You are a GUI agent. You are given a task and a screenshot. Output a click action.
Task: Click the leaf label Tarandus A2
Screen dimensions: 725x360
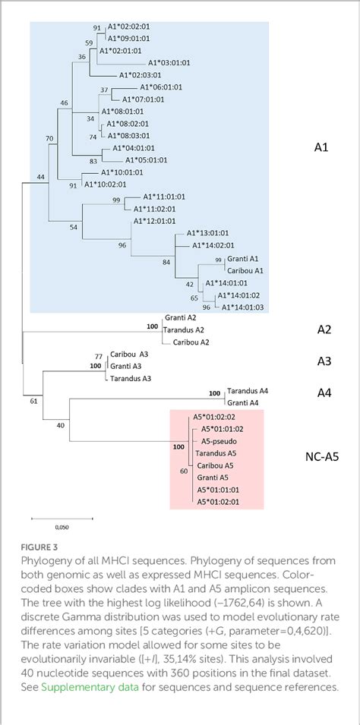coord(185,330)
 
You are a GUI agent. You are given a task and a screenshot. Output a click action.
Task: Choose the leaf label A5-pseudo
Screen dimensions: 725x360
coord(216,440)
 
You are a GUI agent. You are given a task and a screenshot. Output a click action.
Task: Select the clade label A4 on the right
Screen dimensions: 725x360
coord(325,394)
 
